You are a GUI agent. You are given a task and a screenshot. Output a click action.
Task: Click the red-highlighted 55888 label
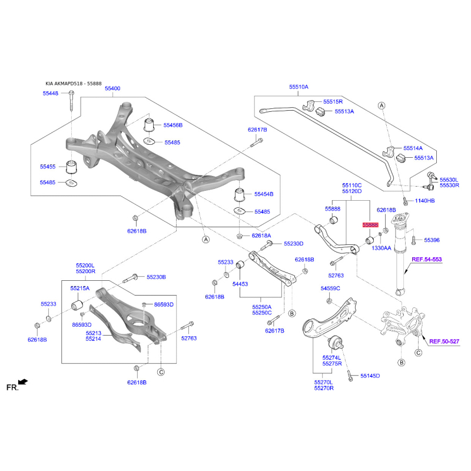[370, 225]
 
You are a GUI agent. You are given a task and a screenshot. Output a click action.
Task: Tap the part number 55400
[112, 88]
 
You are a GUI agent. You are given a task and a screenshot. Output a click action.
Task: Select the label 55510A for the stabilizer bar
[298, 87]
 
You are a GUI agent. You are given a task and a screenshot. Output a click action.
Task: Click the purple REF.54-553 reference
[426, 259]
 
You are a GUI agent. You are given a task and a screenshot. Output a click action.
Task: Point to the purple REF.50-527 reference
[445, 341]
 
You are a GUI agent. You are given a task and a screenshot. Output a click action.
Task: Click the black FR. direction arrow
[23, 382]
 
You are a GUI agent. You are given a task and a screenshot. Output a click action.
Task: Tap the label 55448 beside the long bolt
[51, 94]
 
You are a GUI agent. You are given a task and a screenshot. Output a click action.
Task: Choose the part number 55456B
[173, 125]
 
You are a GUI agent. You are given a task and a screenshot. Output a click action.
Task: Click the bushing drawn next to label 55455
[71, 167]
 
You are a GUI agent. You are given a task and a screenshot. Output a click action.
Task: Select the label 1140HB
[424, 200]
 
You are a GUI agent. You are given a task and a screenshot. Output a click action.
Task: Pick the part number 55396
[432, 240]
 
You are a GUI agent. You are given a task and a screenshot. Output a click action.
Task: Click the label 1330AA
[382, 248]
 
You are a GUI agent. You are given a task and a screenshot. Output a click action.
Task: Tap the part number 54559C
[330, 288]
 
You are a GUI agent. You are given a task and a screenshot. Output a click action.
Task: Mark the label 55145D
[370, 376]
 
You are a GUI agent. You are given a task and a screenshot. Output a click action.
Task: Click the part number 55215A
[80, 288]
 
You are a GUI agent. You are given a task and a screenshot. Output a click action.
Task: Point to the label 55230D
[293, 244]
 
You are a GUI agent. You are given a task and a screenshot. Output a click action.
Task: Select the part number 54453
[240, 284]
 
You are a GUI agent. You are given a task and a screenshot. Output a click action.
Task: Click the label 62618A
[261, 236]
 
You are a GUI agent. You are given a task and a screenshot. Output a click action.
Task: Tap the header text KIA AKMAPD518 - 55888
[74, 84]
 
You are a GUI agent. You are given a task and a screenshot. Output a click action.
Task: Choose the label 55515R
[333, 101]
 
